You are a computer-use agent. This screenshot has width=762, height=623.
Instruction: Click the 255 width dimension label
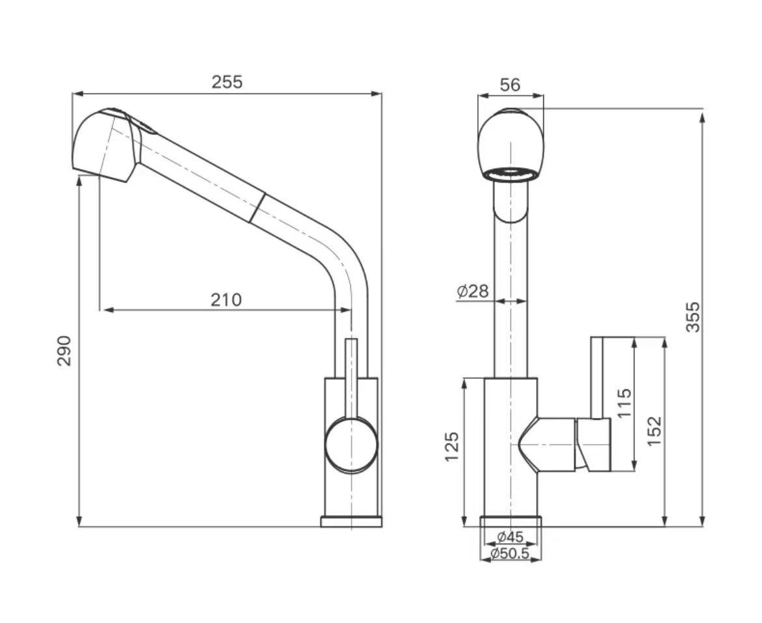click(227, 82)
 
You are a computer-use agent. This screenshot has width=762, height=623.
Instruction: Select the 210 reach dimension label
click(226, 300)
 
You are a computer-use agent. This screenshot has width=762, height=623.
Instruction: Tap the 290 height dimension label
click(64, 351)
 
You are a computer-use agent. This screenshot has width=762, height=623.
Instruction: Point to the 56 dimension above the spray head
click(510, 85)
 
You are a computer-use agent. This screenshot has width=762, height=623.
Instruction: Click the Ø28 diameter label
click(473, 292)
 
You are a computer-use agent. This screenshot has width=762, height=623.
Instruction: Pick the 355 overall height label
click(693, 317)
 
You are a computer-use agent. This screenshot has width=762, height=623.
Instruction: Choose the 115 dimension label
click(623, 402)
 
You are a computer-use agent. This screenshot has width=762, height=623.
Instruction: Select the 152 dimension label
click(655, 431)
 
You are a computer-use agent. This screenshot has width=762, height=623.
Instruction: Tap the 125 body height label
click(452, 447)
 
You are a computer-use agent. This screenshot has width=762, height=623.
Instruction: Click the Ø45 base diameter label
click(510, 536)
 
